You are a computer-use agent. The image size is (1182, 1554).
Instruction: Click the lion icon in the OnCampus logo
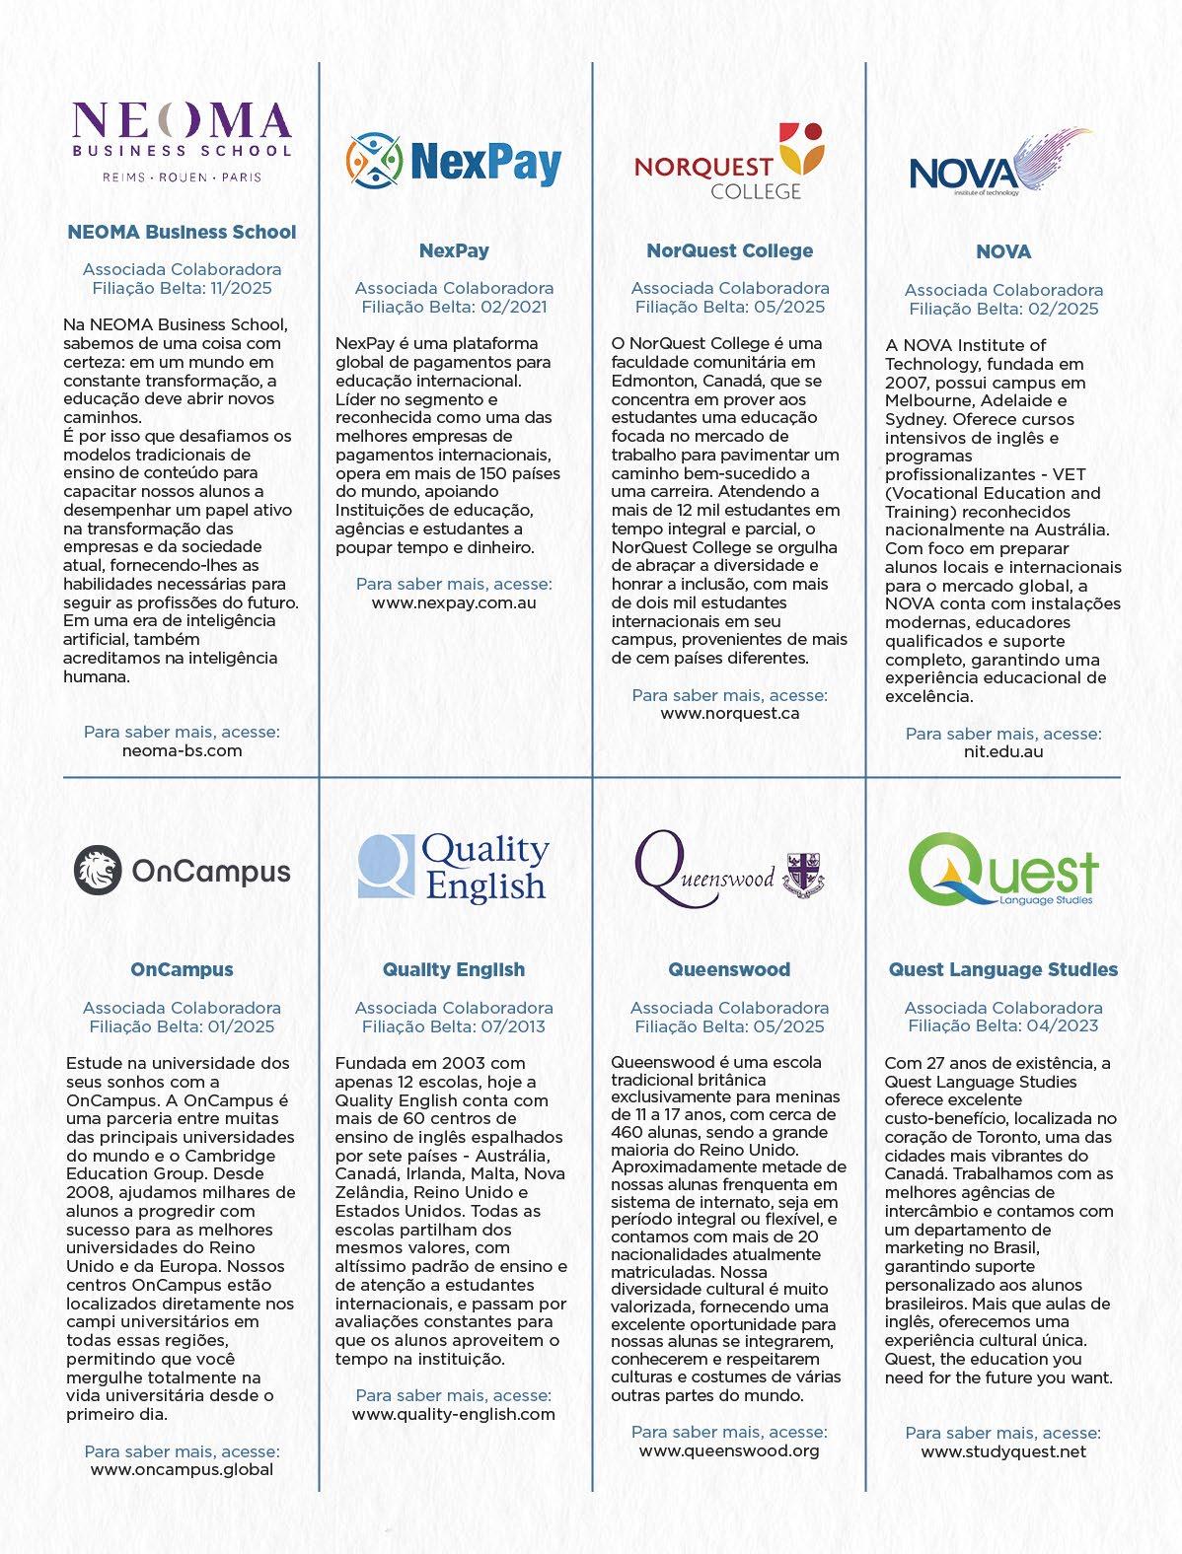98,870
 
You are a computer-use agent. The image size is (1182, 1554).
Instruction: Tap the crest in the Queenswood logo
805,874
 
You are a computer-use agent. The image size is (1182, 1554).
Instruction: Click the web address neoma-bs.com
182,750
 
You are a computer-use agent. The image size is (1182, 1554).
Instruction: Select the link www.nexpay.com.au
454,602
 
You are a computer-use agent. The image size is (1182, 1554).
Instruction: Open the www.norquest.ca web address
729,713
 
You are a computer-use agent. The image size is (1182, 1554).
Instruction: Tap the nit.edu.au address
1003,751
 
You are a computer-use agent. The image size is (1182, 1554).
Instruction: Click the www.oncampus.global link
182,1469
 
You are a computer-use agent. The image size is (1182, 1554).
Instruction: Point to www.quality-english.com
454,1414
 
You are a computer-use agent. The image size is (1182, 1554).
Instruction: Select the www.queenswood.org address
729,1450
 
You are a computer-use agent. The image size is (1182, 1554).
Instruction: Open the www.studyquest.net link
1003,1451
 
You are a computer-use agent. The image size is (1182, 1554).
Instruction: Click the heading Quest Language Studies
1003,969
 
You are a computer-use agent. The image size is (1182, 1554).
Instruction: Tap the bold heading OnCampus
182,969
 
